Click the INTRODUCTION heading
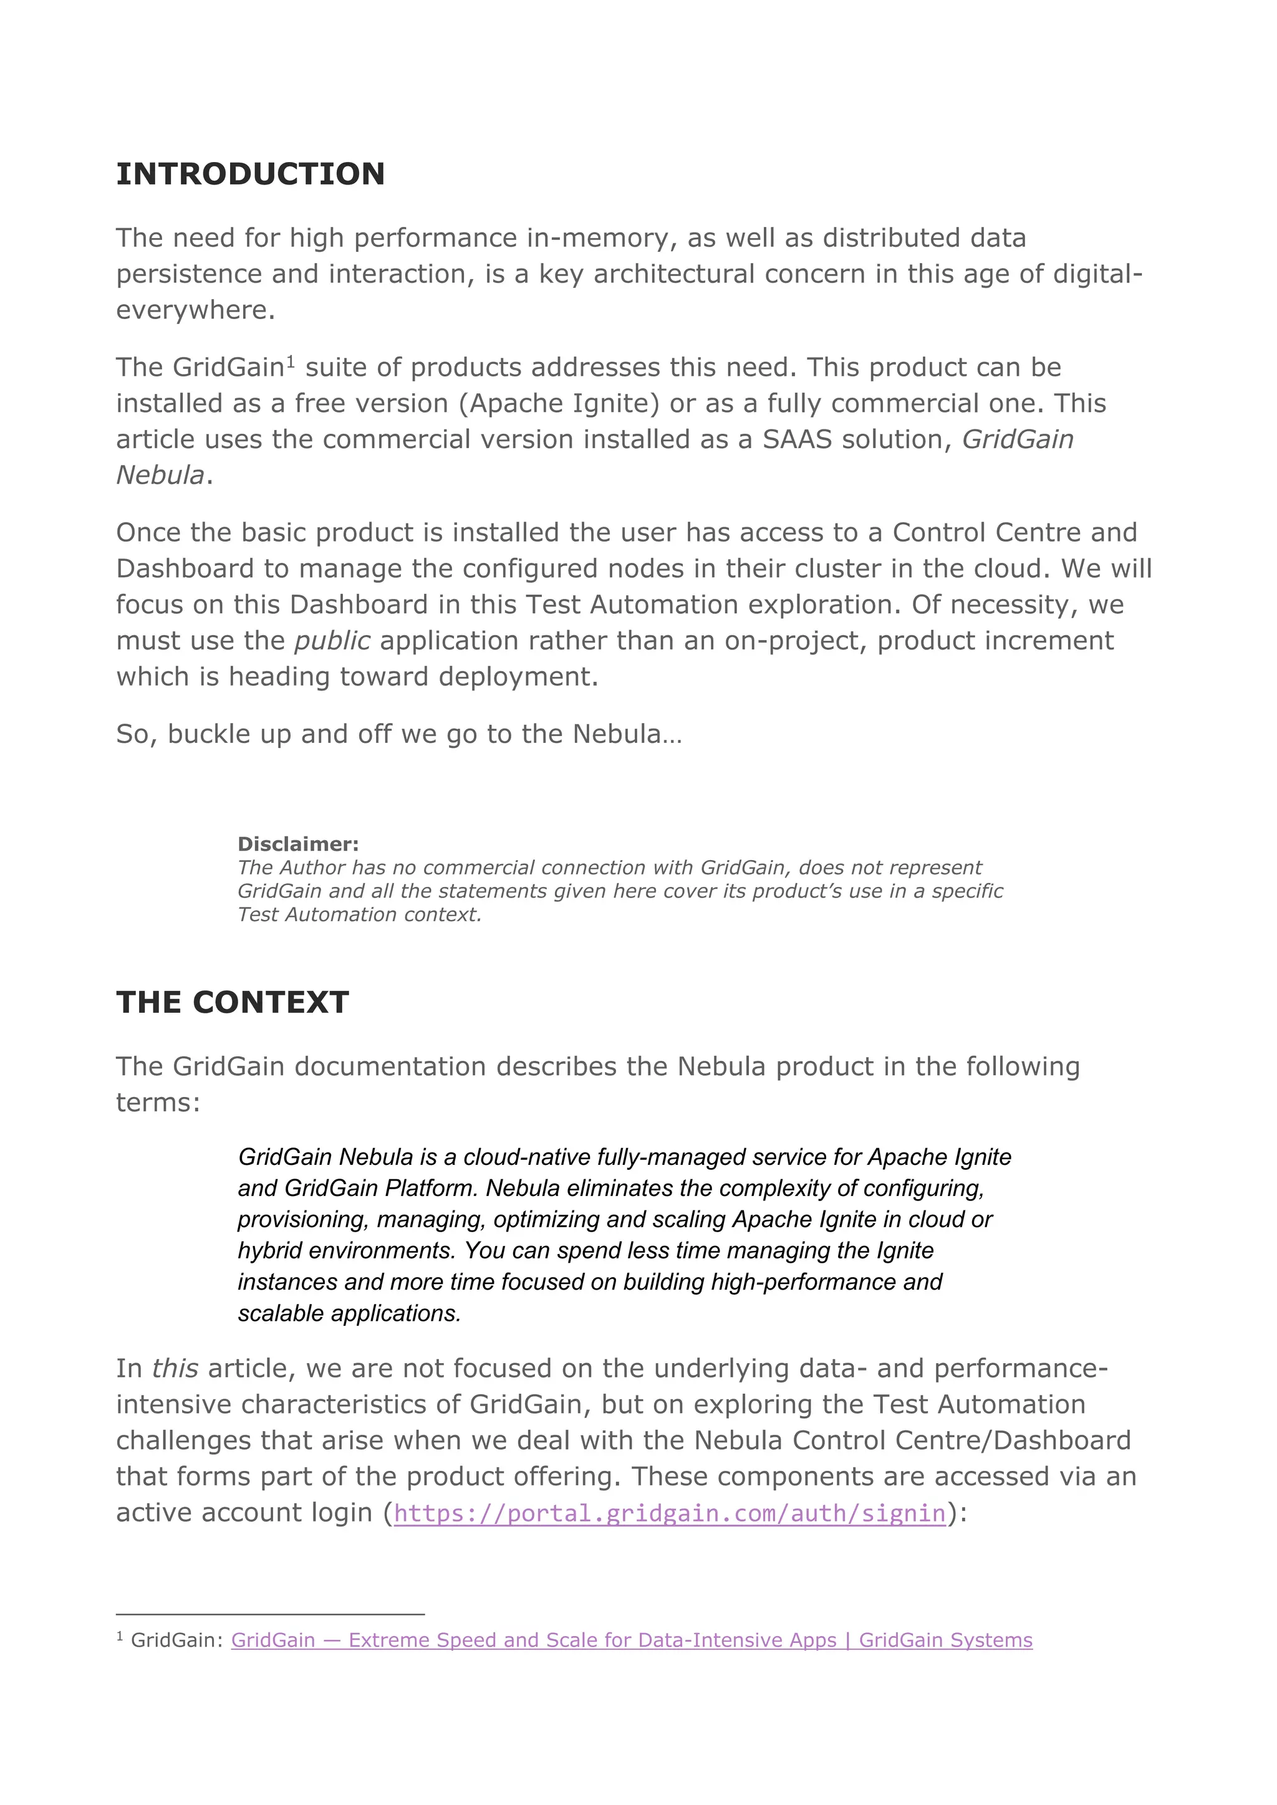pyautogui.click(x=250, y=175)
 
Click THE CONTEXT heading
pyautogui.click(x=232, y=1002)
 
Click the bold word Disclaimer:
pyautogui.click(x=298, y=845)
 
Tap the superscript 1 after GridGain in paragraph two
pyautogui.click(x=290, y=361)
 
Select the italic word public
pyautogui.click(x=332, y=641)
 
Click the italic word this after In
pyautogui.click(x=175, y=1369)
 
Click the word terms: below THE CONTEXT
pyautogui.click(x=158, y=1103)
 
